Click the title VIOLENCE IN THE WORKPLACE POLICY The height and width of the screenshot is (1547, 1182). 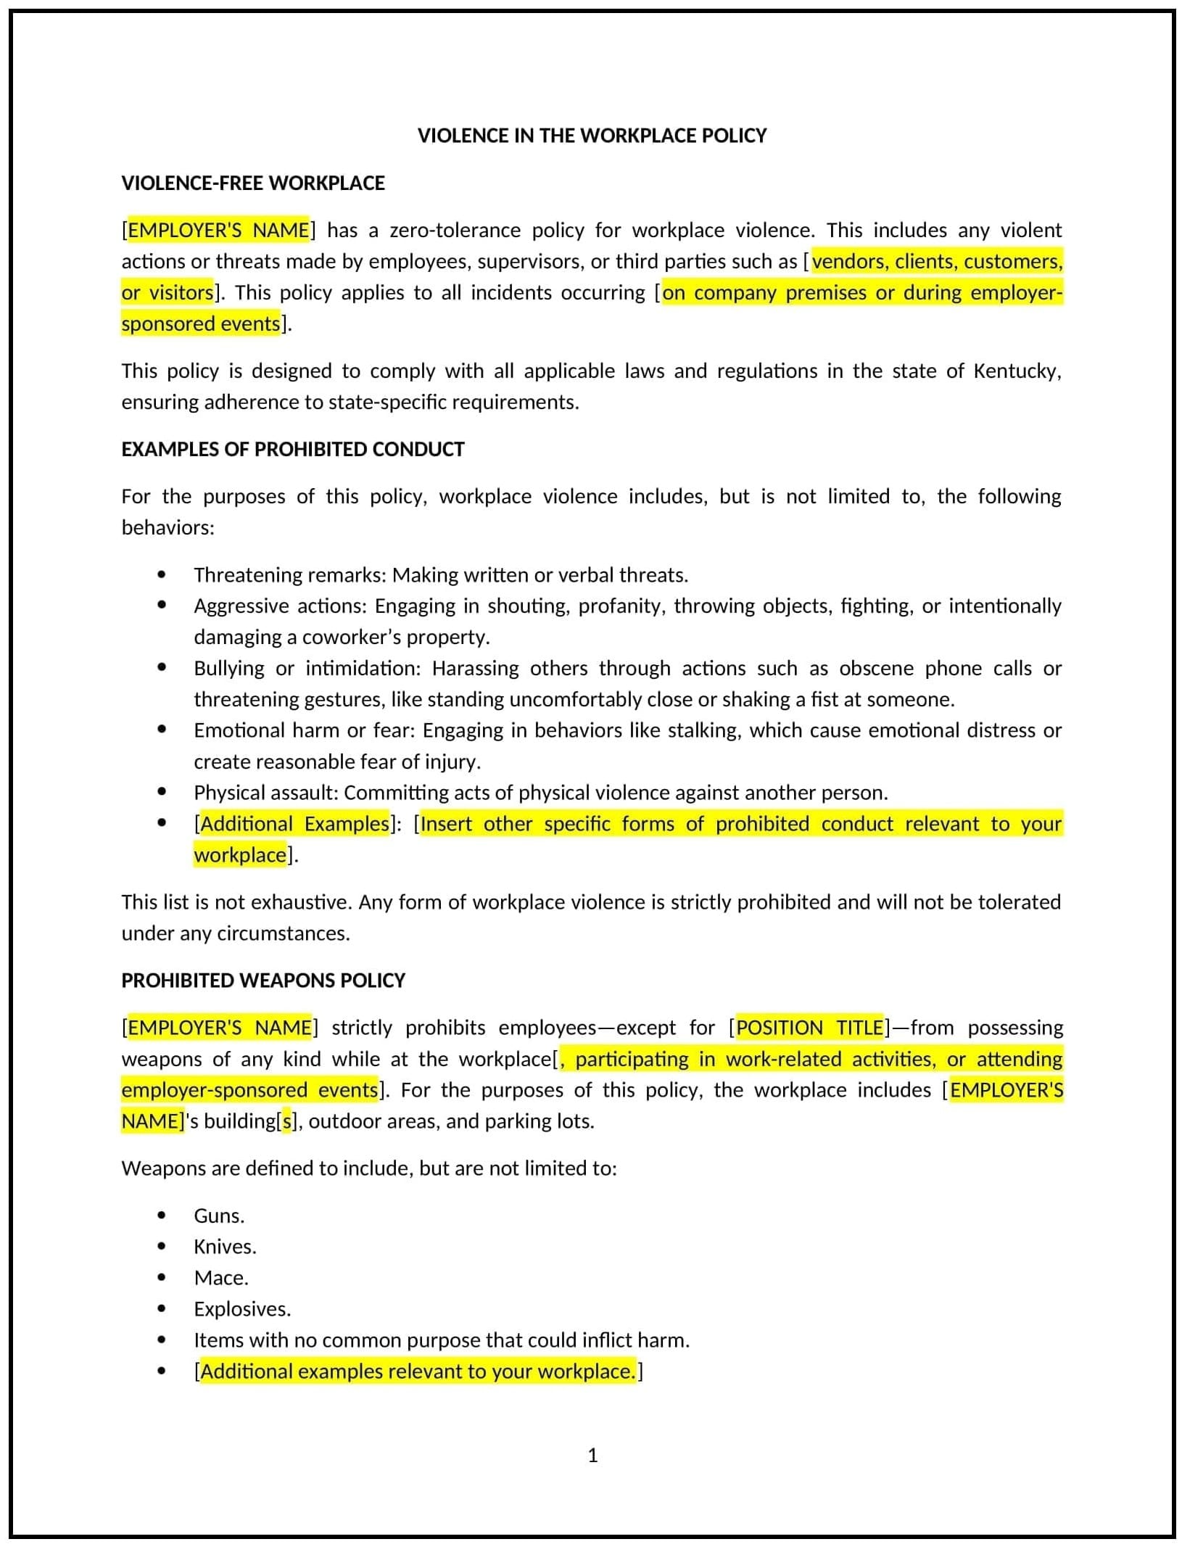click(x=591, y=136)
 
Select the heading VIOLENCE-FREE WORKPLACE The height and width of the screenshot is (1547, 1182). click(x=252, y=183)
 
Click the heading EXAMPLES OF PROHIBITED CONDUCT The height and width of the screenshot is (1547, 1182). click(x=292, y=449)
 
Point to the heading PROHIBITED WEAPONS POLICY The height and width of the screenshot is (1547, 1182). click(x=263, y=980)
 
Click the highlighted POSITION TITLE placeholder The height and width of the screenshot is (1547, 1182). click(x=809, y=1027)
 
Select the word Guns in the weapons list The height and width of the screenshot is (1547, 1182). click(x=218, y=1216)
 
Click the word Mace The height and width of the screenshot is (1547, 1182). click(x=220, y=1278)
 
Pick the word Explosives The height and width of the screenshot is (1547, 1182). click(x=241, y=1309)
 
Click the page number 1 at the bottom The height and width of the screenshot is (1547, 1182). click(x=592, y=1455)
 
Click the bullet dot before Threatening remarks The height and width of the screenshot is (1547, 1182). click(x=161, y=574)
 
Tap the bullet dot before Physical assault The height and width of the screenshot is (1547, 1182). click(x=161, y=792)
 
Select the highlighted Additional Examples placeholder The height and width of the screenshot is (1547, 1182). click(x=294, y=824)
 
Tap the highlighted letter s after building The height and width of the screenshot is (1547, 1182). click(x=287, y=1121)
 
